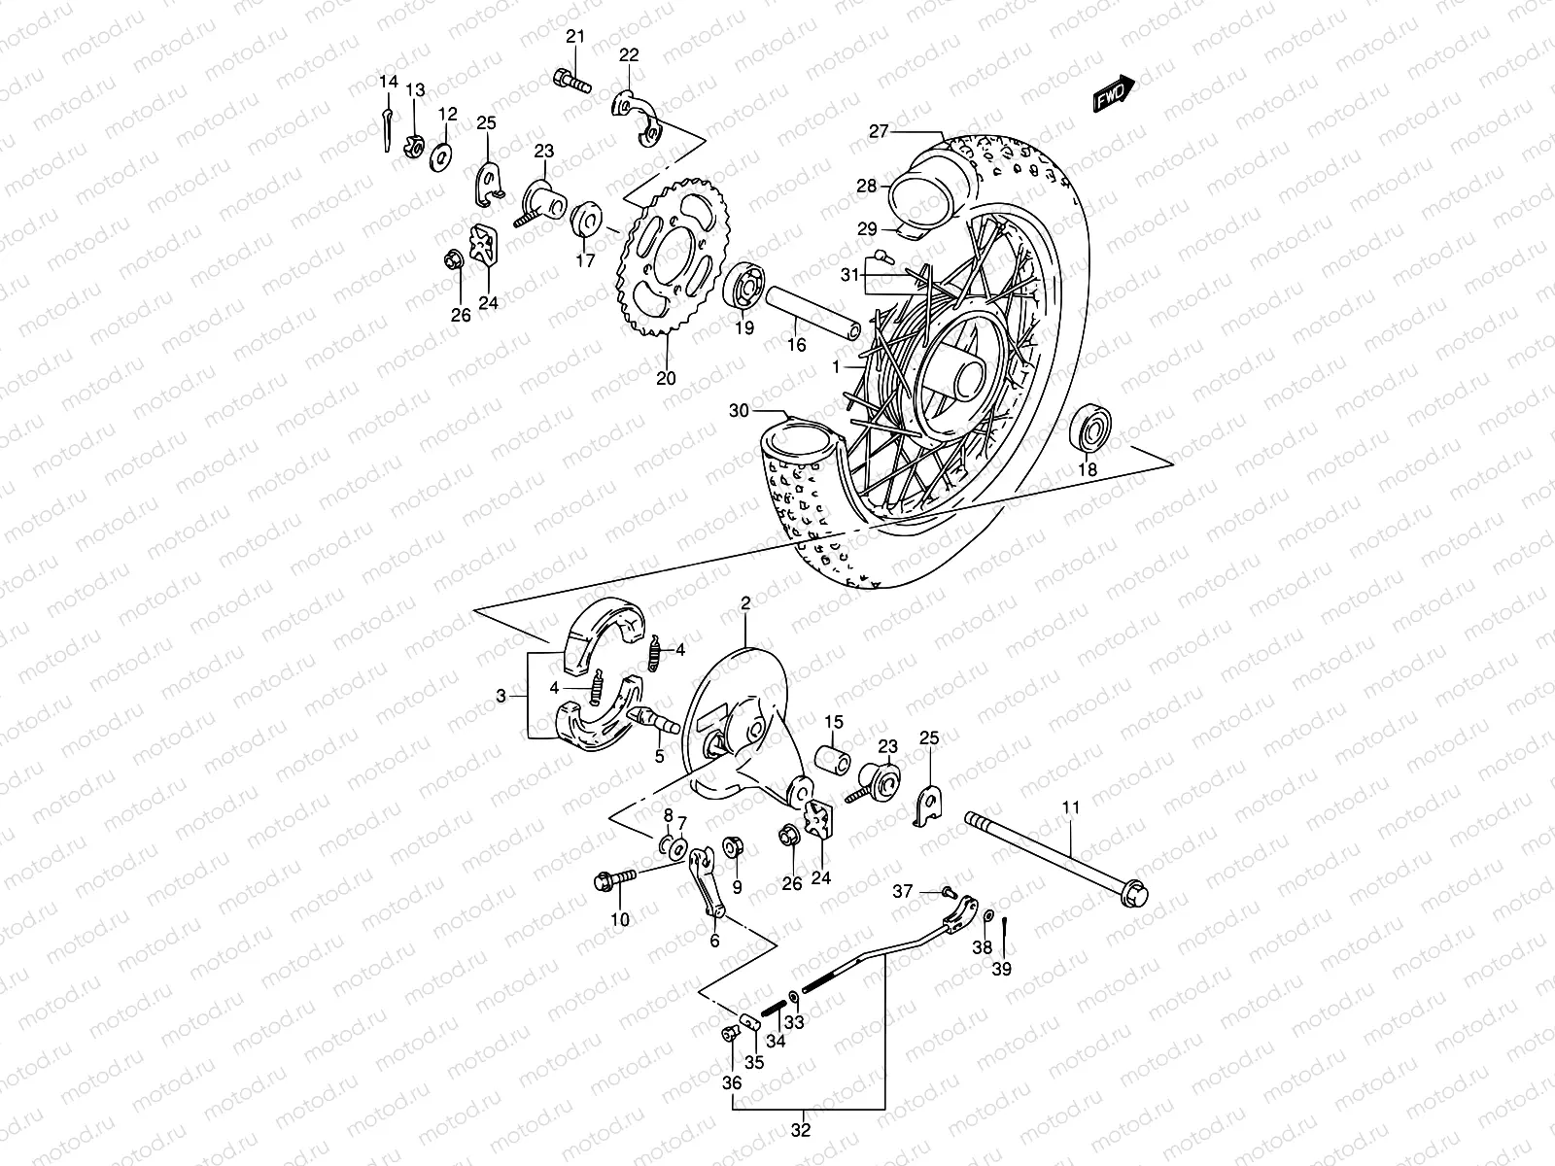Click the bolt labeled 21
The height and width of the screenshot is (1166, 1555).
pos(573,82)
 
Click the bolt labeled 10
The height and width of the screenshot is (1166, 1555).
pos(612,879)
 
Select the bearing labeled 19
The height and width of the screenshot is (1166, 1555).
pos(745,286)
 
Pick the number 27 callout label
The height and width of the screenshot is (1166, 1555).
pos(880,131)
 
